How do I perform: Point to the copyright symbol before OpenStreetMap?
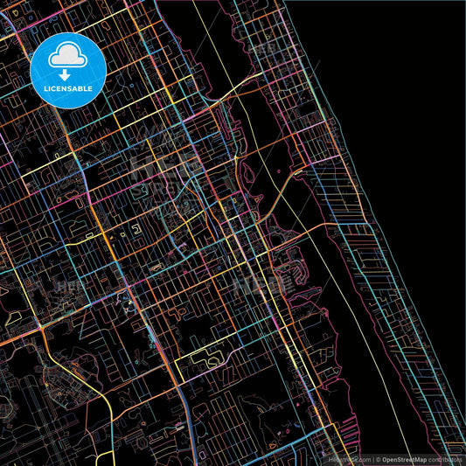[376, 459]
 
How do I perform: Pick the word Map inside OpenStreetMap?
[419, 459]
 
